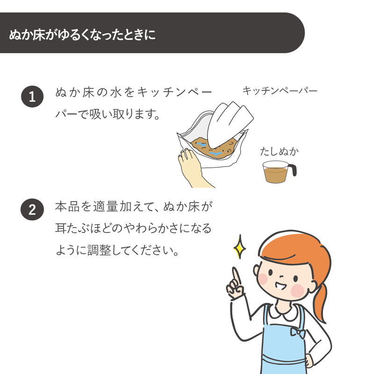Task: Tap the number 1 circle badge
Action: [x=32, y=96]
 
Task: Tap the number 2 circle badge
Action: [x=32, y=209]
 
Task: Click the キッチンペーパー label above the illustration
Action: [x=280, y=91]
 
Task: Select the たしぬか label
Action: [x=279, y=151]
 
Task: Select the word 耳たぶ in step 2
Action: [x=72, y=229]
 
